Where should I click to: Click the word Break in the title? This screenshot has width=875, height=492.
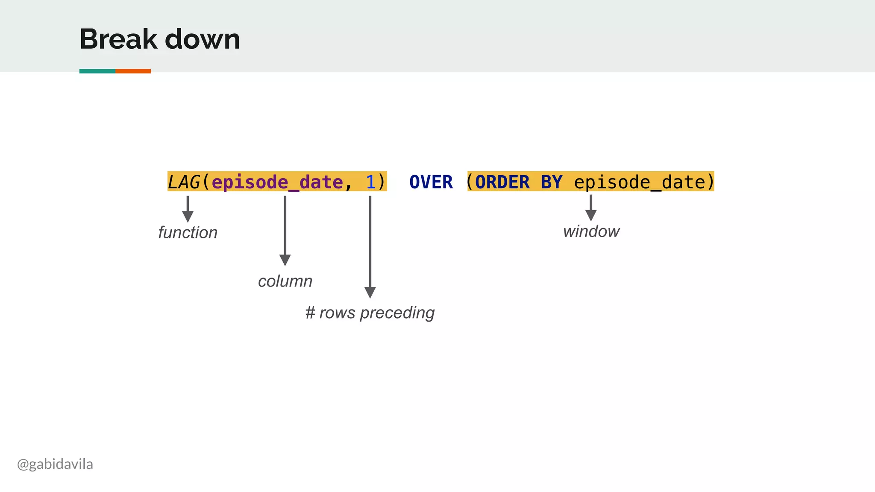(118, 39)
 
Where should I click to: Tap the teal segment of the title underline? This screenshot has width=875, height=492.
(97, 71)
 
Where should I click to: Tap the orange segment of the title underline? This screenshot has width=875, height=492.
(133, 71)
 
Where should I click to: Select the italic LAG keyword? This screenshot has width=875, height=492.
(184, 182)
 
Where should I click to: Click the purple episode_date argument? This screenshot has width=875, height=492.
(277, 182)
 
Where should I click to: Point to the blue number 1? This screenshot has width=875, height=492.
(370, 182)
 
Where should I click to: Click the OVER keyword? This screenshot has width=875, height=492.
(431, 182)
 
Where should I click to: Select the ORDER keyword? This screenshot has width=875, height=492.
(502, 182)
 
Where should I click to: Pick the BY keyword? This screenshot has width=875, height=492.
(552, 182)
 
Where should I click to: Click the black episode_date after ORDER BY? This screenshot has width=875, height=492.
(639, 182)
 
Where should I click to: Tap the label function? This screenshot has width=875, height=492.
(188, 233)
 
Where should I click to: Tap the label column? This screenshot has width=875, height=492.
(285, 281)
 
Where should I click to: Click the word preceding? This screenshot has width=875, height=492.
(397, 313)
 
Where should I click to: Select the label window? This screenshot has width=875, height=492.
(591, 231)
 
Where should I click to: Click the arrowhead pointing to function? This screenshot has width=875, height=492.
(188, 217)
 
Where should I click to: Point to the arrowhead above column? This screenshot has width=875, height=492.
(285, 260)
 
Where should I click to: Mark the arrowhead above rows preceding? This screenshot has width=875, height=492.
(370, 292)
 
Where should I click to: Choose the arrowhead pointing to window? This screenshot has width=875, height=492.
(591, 215)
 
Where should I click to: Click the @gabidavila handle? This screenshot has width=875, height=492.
(55, 464)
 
